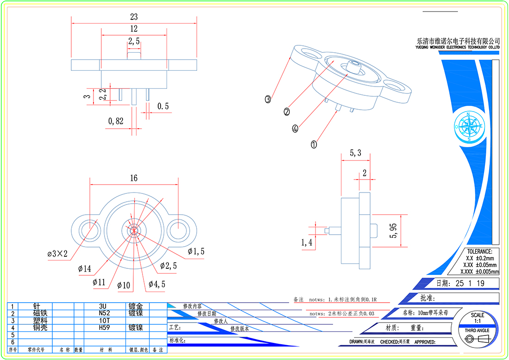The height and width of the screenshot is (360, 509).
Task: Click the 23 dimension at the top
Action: (x=134, y=17)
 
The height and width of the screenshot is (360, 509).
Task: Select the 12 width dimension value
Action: (x=134, y=29)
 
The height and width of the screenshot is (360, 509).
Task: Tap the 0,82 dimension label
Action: (x=116, y=121)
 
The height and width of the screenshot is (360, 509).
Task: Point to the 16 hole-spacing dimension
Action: (x=134, y=178)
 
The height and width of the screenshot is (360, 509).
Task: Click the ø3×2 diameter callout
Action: (x=57, y=254)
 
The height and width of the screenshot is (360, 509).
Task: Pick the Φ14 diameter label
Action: (x=85, y=268)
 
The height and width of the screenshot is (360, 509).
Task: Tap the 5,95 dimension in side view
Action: (x=394, y=230)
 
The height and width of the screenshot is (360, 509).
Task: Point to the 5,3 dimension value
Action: (x=355, y=153)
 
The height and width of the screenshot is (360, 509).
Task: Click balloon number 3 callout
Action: (x=268, y=99)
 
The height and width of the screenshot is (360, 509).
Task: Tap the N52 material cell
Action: (x=105, y=313)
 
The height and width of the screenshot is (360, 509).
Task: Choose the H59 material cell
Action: (x=105, y=327)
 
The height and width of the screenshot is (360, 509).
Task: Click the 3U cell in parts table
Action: (x=105, y=306)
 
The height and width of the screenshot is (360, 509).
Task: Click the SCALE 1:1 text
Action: (x=478, y=318)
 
